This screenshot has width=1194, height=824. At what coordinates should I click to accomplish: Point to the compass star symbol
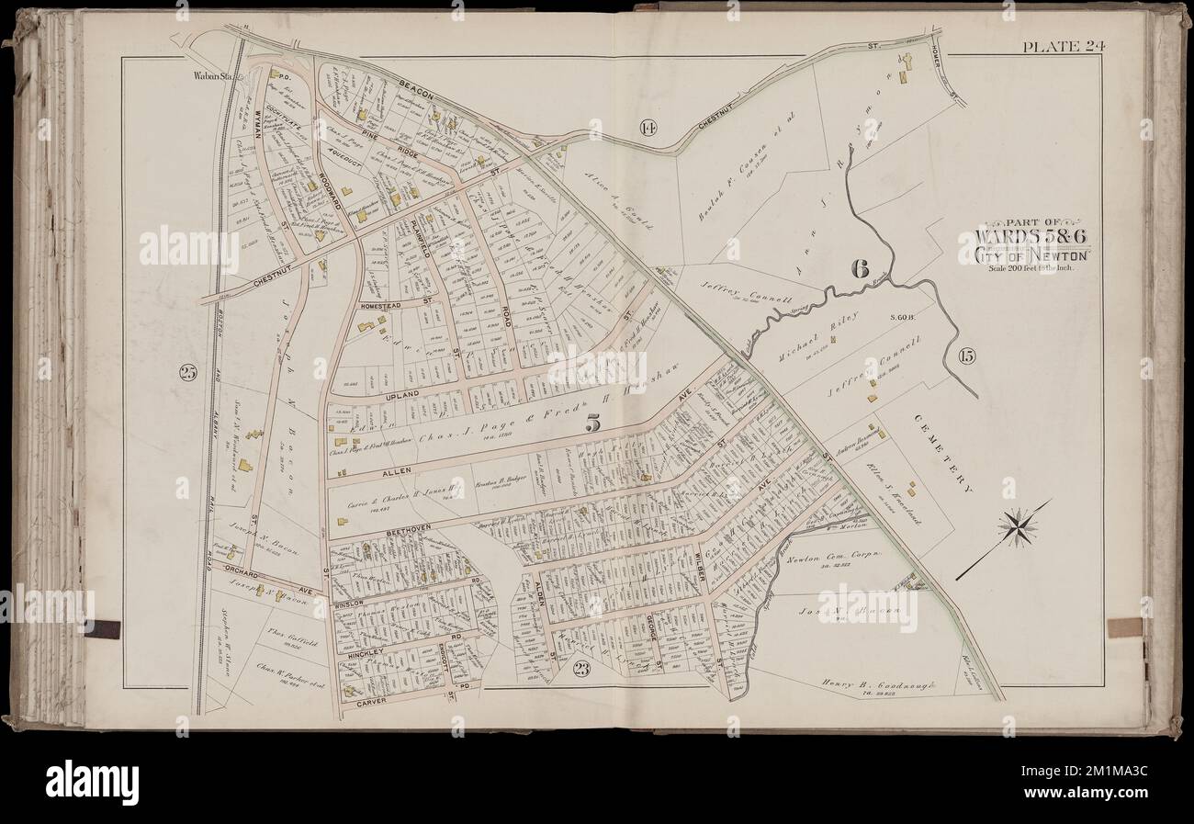pyautogui.click(x=1018, y=527)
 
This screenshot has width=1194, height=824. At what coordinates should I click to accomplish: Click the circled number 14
pyautogui.click(x=647, y=128)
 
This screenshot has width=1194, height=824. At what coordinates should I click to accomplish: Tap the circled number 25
pyautogui.click(x=187, y=372)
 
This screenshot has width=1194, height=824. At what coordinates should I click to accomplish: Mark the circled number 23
pyautogui.click(x=580, y=669)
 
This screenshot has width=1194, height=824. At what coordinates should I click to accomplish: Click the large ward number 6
pyautogui.click(x=859, y=268)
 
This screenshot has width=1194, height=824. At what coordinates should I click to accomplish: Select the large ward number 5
pyautogui.click(x=592, y=424)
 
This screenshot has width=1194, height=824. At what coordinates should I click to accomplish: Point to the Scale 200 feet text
pyautogui.click(x=1030, y=268)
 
